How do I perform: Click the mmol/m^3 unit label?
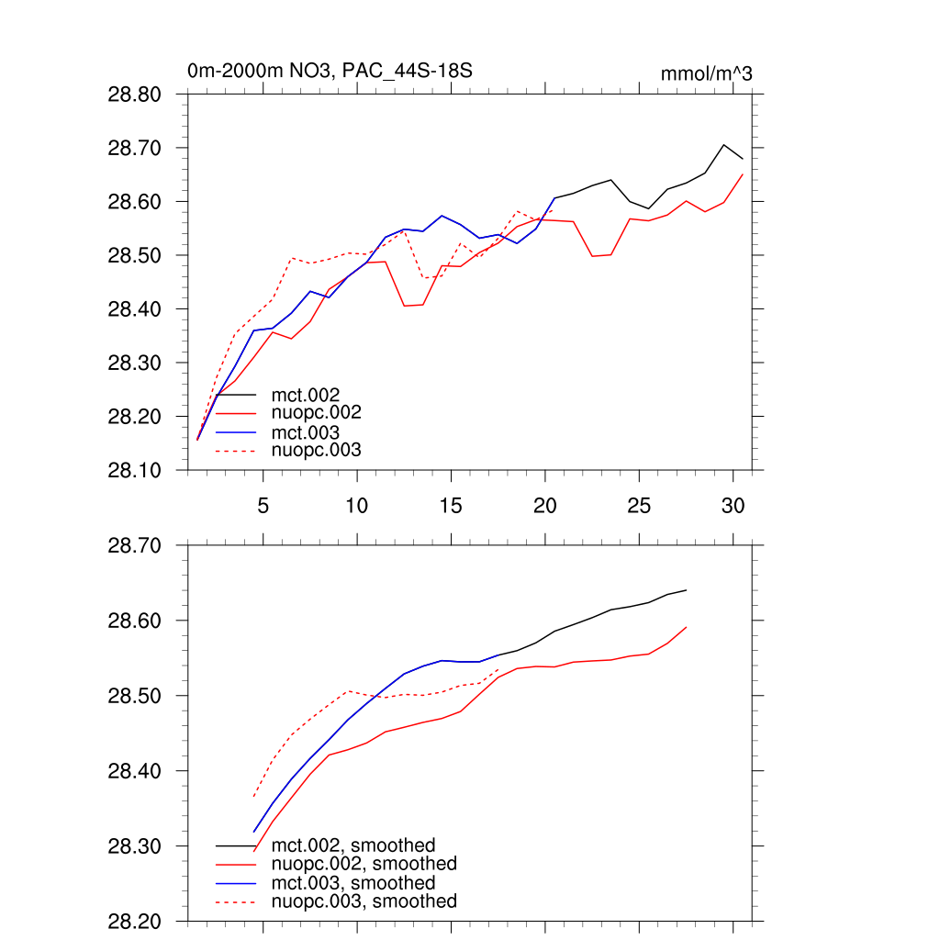point(707,73)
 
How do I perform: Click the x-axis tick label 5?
point(263,505)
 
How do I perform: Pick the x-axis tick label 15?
point(450,505)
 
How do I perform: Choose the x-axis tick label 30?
point(732,505)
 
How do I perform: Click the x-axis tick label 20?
point(544,505)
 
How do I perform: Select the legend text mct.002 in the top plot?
point(306,396)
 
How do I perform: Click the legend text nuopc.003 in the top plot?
point(317,450)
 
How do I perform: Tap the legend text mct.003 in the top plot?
point(306,432)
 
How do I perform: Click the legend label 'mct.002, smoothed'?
point(353,845)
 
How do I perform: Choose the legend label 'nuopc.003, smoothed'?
point(364,901)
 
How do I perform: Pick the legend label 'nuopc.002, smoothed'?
point(364,864)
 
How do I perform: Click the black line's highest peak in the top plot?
point(723,145)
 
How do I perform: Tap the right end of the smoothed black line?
point(686,590)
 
